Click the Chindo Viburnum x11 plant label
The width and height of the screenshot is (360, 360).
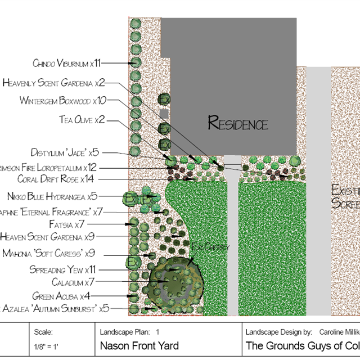coord(66,63)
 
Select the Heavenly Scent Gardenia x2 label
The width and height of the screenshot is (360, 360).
coord(53,83)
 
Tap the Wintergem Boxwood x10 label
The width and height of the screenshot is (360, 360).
coord(62,101)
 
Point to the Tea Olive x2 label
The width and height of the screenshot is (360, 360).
coord(82,120)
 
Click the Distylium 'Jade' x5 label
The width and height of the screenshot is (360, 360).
coord(65,152)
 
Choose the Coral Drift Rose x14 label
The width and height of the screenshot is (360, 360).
coord(55,179)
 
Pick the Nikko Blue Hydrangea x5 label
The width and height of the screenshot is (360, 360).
coord(52,196)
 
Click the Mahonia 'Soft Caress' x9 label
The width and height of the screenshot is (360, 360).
coord(49,253)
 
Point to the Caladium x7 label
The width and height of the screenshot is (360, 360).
coord(74,282)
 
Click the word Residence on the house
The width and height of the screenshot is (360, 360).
coord(238,123)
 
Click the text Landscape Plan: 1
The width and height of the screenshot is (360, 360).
coord(129,332)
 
